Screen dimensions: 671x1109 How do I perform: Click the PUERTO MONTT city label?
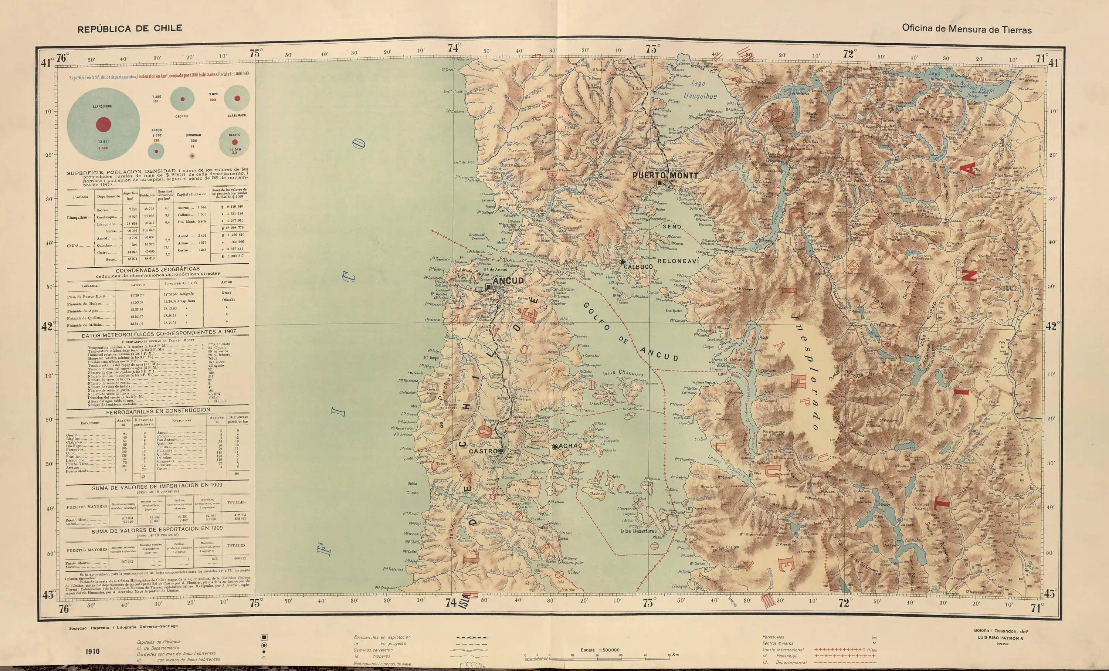click(665, 176)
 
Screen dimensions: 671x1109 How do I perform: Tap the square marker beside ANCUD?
click(488, 286)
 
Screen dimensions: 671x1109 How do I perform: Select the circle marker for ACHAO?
click(554, 447)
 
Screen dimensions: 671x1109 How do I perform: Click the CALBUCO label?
click(638, 267)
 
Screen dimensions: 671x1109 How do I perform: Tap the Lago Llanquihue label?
click(699, 89)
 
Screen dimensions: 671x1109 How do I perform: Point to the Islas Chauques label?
click(623, 373)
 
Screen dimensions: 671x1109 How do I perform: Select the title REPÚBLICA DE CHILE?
click(130, 28)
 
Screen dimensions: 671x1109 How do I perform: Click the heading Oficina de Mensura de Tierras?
click(967, 29)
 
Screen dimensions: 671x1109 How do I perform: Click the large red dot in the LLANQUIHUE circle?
click(103, 125)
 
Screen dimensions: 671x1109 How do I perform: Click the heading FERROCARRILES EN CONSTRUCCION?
click(157, 411)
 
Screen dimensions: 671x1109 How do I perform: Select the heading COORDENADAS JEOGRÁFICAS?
click(157, 270)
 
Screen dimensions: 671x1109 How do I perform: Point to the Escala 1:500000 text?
click(600, 650)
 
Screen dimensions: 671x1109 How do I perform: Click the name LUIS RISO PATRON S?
click(1000, 638)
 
